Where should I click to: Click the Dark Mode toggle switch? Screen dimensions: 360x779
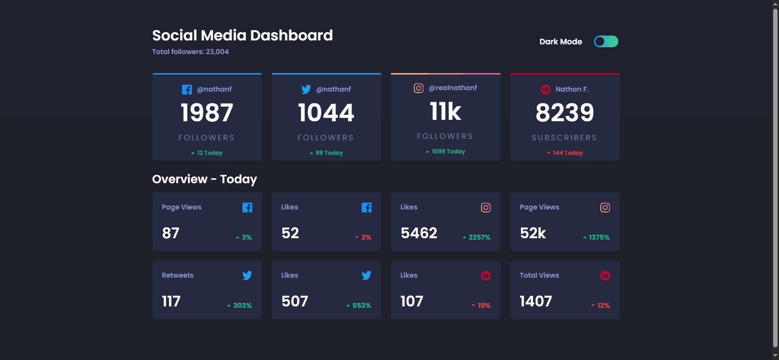point(606,41)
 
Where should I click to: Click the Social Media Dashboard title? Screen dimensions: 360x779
point(242,35)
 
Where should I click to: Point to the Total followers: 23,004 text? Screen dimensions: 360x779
point(190,52)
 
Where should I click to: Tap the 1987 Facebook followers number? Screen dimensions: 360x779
point(207,113)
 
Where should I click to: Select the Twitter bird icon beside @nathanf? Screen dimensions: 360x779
point(306,89)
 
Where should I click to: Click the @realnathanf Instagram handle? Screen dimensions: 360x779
point(453,88)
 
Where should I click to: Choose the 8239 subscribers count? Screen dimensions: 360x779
point(565,113)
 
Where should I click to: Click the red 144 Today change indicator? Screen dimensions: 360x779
point(565,153)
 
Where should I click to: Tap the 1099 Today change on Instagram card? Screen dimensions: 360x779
point(446,152)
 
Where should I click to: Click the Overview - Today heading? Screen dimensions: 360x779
point(204,179)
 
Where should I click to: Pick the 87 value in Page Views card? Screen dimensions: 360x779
point(171,233)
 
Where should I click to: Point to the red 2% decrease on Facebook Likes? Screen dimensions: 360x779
point(364,237)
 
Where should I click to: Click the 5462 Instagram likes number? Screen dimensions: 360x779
point(419,233)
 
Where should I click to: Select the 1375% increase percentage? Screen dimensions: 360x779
point(596,237)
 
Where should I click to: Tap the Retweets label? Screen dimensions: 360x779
point(178,275)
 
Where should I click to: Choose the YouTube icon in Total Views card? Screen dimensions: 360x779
point(605,276)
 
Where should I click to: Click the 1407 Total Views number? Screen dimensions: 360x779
point(536,301)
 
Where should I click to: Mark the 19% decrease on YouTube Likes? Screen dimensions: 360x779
point(482,305)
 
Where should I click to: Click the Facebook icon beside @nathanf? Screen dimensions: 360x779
point(187,90)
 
